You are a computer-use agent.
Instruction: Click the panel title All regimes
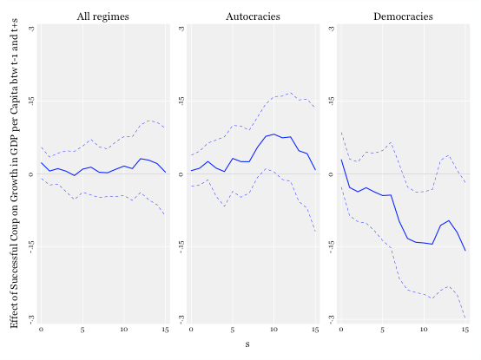[102, 16]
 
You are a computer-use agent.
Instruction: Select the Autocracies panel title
[253, 16]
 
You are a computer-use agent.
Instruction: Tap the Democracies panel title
[403, 16]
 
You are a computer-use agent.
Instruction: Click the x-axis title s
[247, 344]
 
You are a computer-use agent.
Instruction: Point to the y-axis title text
[14, 173]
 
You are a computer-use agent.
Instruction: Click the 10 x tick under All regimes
[123, 330]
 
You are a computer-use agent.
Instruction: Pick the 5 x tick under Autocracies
[233, 330]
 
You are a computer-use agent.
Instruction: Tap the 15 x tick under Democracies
[465, 330]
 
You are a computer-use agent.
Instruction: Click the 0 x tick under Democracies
[341, 330]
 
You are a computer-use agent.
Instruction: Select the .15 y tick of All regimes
[31, 101]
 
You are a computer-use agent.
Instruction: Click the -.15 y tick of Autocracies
[181, 246]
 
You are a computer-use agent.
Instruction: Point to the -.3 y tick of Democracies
[332, 319]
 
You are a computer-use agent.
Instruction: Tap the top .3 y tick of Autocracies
[181, 28]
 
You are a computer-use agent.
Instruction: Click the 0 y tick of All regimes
[31, 174]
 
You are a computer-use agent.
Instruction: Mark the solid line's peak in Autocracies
[274, 134]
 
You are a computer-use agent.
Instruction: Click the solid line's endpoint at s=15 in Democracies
[465, 251]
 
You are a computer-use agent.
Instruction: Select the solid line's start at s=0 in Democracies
[341, 160]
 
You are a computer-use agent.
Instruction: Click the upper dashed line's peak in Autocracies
[291, 93]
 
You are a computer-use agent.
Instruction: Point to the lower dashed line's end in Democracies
[465, 317]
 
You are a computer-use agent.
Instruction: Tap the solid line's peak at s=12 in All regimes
[141, 159]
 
